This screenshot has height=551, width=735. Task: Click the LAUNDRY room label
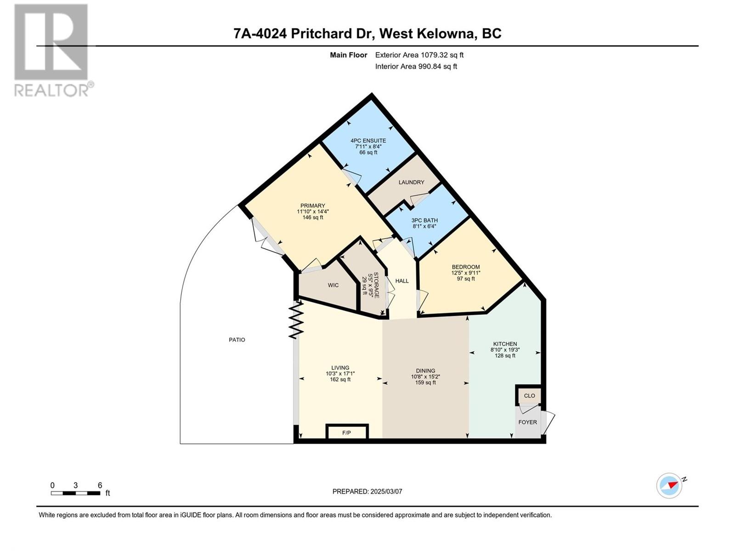point(411,182)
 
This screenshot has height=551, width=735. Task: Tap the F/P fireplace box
point(347,432)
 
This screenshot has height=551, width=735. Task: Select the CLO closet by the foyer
point(529,396)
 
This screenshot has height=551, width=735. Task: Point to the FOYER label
point(527,422)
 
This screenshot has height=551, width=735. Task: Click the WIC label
point(333,285)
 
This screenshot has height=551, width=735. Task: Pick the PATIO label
point(237,340)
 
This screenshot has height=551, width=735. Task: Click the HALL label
point(402,281)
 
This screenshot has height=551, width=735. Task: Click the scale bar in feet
point(75,493)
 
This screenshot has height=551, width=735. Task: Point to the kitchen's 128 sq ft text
point(505,355)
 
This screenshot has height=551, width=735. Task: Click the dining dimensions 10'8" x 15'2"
point(425,377)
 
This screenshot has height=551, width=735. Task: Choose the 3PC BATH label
point(424,220)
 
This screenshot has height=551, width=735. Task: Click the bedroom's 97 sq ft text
point(466,279)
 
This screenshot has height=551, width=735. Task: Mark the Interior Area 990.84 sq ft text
point(416,67)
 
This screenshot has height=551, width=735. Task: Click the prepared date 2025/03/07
point(386,491)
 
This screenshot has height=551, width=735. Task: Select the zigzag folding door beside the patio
point(296,319)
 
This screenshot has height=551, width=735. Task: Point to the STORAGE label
point(376,285)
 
